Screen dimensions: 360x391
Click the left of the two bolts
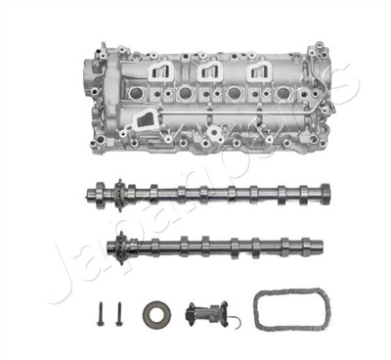click(101, 314)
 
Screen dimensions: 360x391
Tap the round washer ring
click(155, 314)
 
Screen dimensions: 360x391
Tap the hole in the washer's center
click(155, 314)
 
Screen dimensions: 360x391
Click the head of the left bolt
click(101, 305)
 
